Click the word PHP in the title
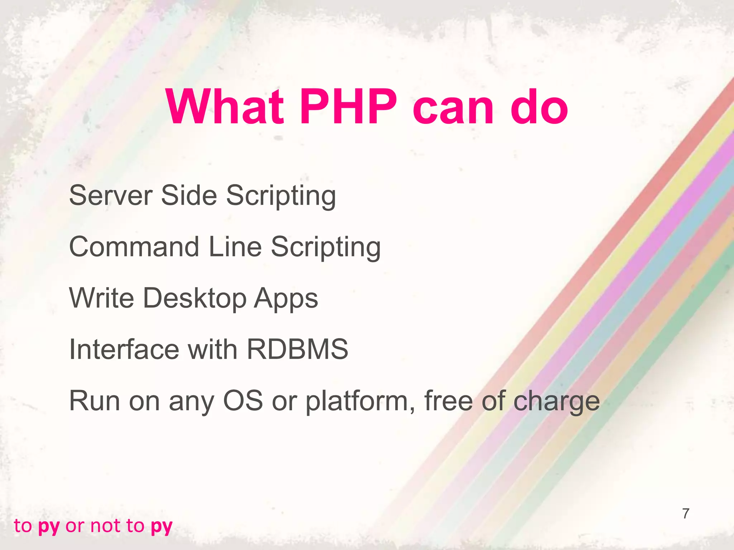point(348,106)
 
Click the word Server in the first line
point(110,196)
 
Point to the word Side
point(189,196)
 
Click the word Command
point(134,247)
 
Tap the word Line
point(235,247)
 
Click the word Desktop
point(195,299)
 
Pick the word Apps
point(286,299)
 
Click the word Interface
point(124,349)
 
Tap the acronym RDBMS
point(297,349)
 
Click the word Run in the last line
point(94,401)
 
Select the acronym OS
point(243,401)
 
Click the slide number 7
point(686,513)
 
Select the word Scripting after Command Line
point(325,247)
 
